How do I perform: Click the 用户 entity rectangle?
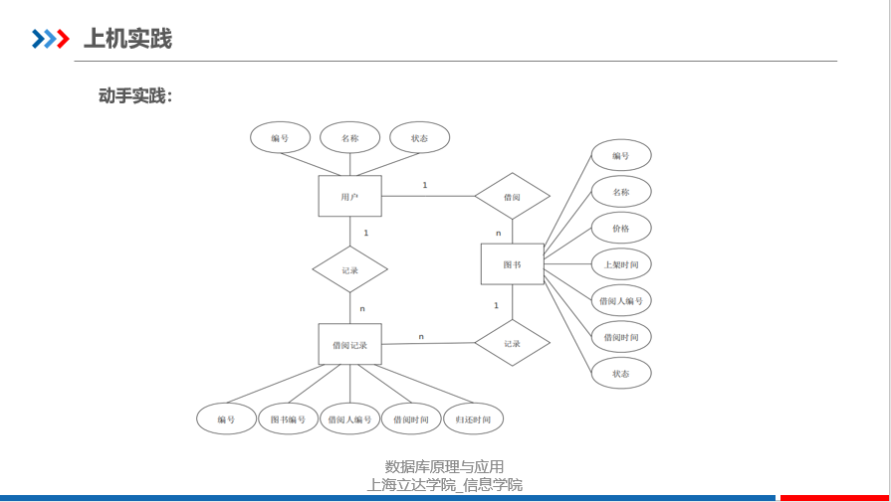[x=349, y=196]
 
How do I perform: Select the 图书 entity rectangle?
[x=512, y=264]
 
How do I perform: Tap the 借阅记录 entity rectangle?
[x=349, y=345]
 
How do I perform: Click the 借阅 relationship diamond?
[x=512, y=196]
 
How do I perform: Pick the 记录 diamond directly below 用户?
[x=349, y=269]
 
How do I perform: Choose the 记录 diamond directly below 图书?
[x=512, y=344]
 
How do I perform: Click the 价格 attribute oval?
[x=621, y=229]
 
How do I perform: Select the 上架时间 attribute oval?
[x=621, y=264]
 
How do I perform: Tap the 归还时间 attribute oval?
[x=473, y=419]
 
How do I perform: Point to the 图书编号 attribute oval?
[x=288, y=419]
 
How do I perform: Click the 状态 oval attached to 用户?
[x=419, y=138]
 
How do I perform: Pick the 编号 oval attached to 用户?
[x=280, y=138]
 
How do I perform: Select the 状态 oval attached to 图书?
[x=621, y=374]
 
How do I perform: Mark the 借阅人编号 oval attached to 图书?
[x=621, y=300]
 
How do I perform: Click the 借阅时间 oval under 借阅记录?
[x=410, y=419]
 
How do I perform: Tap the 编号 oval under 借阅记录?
[x=226, y=419]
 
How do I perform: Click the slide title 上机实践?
[x=127, y=39]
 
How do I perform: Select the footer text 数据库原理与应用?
[x=444, y=466]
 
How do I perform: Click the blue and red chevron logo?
[x=50, y=39]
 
